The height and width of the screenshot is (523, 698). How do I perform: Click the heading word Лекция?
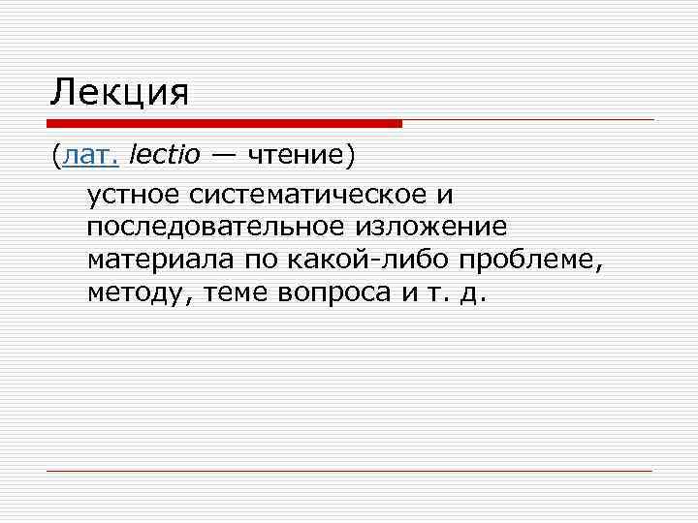click(119, 93)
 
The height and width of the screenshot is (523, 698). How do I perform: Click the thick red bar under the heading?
click(224, 124)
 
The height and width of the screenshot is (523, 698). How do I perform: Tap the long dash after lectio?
click(222, 154)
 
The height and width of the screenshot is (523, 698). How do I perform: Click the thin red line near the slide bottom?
click(349, 472)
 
